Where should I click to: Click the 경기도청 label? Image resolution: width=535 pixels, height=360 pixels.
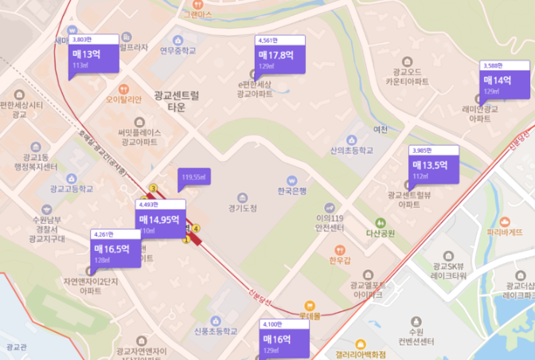[242, 208]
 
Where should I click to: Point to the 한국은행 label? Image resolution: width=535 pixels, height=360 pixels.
[292, 190]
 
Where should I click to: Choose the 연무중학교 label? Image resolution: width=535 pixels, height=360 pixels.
[178, 50]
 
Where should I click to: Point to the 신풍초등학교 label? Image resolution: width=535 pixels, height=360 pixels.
[216, 331]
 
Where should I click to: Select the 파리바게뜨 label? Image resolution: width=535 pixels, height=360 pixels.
[509, 233]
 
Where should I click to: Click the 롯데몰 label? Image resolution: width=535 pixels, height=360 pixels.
[309, 315]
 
